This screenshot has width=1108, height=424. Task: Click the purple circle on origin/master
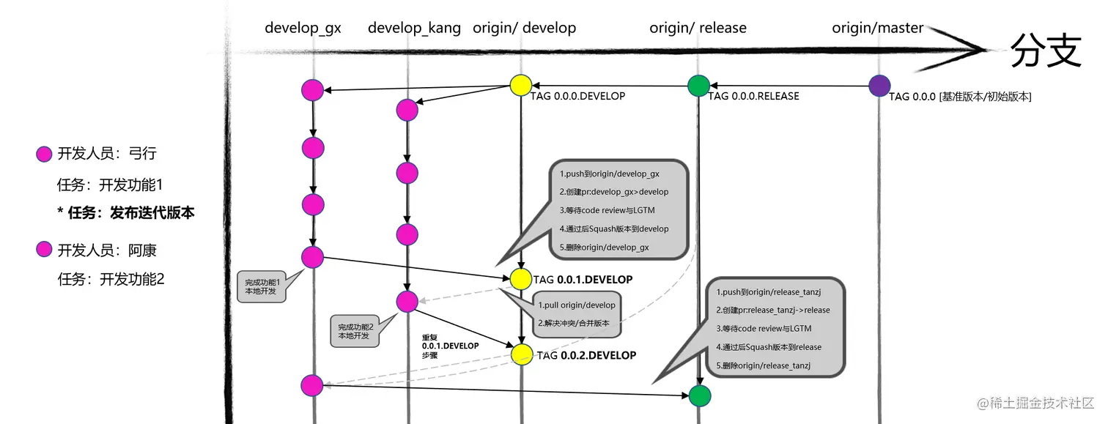tap(879, 86)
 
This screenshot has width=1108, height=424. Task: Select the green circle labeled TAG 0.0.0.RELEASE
tap(699, 86)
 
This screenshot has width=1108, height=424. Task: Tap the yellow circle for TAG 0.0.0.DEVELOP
tap(520, 85)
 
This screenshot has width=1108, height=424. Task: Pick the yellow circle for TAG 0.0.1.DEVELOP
tap(520, 278)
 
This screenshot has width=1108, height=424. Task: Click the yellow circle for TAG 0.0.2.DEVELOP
tap(522, 354)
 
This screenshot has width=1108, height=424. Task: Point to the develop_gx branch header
tap(303, 29)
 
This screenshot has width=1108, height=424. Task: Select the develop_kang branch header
tap(414, 29)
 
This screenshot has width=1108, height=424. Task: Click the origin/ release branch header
tap(698, 29)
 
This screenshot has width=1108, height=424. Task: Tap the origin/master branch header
tap(877, 29)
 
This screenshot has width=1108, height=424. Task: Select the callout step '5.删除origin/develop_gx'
tap(605, 248)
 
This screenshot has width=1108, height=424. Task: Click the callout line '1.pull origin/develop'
tap(577, 305)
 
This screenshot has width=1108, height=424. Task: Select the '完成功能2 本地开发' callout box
tap(355, 332)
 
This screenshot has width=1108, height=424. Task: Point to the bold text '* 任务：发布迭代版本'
tap(126, 212)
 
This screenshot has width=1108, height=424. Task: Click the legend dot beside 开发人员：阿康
tap(44, 250)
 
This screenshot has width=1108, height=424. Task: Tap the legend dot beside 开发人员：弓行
tap(44, 154)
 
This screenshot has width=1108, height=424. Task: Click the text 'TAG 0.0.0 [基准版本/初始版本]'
tap(960, 97)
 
